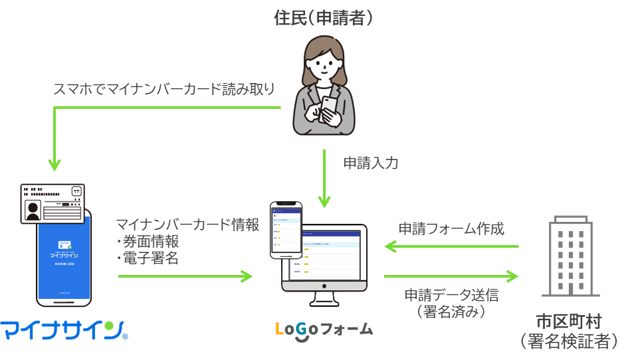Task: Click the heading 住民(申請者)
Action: coord(324,19)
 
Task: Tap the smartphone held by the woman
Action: coord(330,107)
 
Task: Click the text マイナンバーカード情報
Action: coord(187,225)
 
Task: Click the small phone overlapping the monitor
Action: coord(285,229)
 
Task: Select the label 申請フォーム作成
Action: coord(451,229)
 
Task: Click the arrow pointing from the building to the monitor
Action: coord(451,246)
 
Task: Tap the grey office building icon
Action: coord(571,256)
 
